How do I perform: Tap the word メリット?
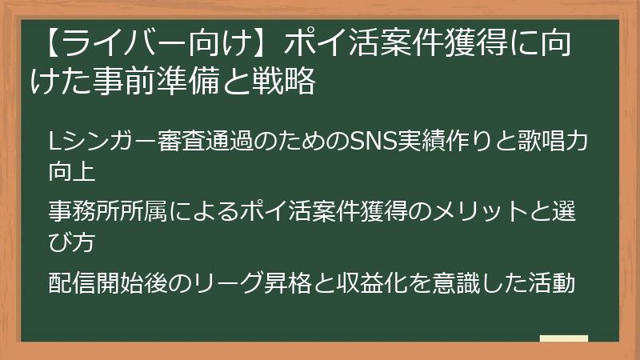click(481, 211)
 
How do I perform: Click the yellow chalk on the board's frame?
click(564, 338)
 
